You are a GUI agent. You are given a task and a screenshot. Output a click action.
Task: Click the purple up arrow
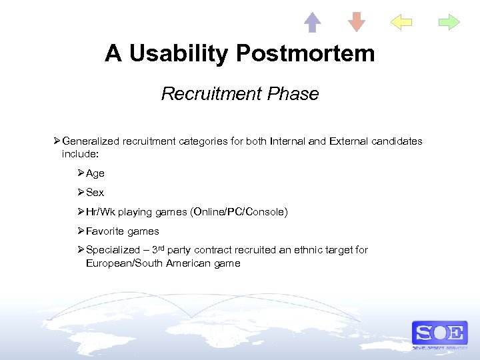[312, 22]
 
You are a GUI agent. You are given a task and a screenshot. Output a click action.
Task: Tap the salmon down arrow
[357, 22]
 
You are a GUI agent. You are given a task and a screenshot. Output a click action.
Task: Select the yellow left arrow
[401, 22]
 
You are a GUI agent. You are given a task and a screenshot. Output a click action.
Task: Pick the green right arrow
[449, 22]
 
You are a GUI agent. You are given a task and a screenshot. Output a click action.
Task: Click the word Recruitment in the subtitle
[211, 94]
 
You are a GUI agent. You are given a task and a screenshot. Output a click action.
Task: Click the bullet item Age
[95, 173]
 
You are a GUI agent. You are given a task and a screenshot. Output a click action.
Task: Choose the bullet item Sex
[95, 193]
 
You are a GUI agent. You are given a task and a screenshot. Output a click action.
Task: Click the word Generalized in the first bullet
[91, 141]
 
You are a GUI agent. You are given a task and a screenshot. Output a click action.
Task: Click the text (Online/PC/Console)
[239, 212]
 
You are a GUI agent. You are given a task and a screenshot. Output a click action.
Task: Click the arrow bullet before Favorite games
[81, 231]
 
